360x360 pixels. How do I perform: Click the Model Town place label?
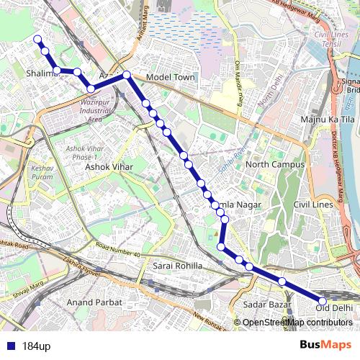point(166,77)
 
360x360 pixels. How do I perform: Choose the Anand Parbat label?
point(94,302)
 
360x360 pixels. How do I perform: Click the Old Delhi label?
point(334,308)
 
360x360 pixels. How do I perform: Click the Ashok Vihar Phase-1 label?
point(86,153)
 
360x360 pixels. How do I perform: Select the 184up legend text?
point(35,346)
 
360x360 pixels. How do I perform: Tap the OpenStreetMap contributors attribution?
point(296,322)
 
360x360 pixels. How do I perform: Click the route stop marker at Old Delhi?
point(323,301)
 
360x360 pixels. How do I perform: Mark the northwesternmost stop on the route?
point(37,40)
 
